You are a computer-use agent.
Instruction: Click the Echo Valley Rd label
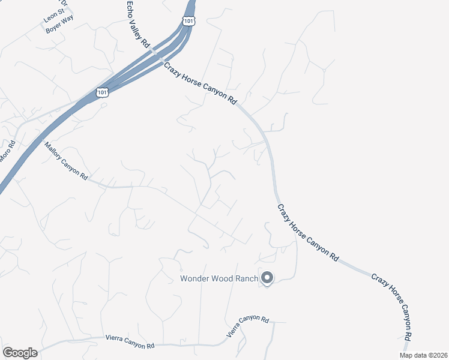coord(137,25)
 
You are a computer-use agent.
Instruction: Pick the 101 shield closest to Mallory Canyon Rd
coord(102,93)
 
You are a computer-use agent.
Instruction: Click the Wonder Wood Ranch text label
coord(219,278)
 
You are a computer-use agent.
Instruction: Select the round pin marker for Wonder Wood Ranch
coord(267,278)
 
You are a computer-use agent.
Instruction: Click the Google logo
coord(20,353)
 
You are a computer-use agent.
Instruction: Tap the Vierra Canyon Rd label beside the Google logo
coord(130,342)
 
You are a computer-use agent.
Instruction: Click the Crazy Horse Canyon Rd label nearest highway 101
coord(200,84)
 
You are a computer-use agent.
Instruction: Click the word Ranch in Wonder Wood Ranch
coord(245,278)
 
